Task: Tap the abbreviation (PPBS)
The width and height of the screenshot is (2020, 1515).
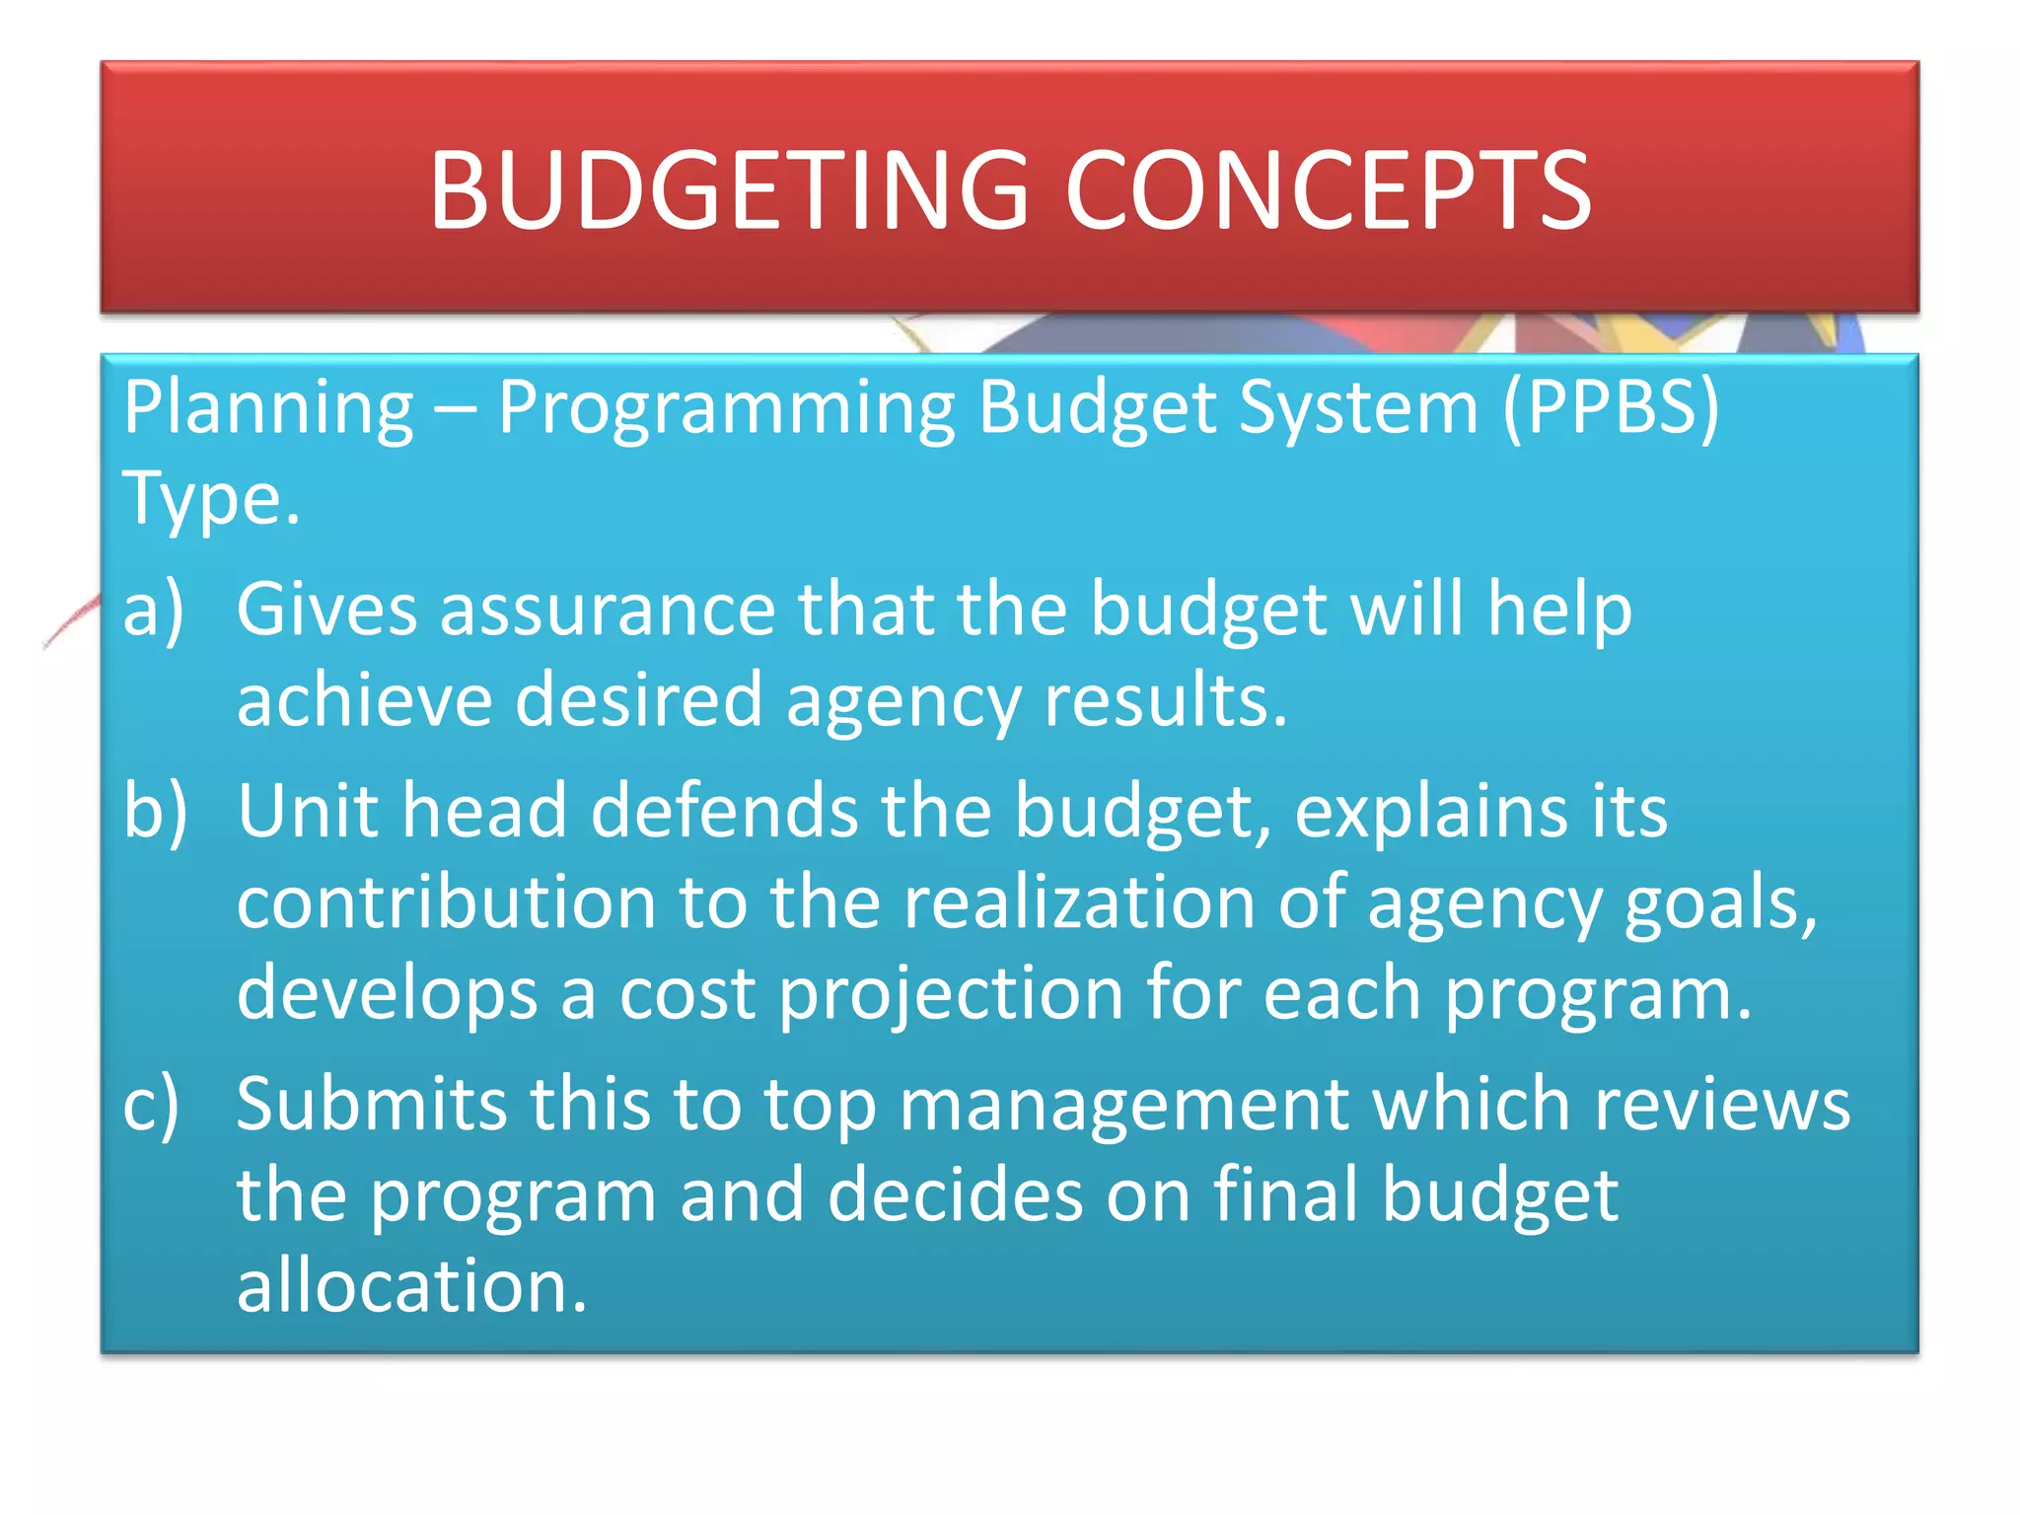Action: (x=1611, y=407)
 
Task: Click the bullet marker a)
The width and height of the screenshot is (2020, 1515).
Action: (x=154, y=611)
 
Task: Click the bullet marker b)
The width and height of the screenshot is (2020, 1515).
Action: (x=155, y=811)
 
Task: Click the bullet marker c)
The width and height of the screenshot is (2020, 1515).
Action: (x=152, y=1106)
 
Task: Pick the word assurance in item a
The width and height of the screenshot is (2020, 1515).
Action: (x=608, y=611)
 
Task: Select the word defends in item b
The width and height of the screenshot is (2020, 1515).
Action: (x=724, y=811)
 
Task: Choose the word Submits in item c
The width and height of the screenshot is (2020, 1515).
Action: (x=371, y=1104)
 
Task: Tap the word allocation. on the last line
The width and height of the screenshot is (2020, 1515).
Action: (x=411, y=1286)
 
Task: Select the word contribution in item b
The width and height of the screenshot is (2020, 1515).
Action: (x=446, y=902)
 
